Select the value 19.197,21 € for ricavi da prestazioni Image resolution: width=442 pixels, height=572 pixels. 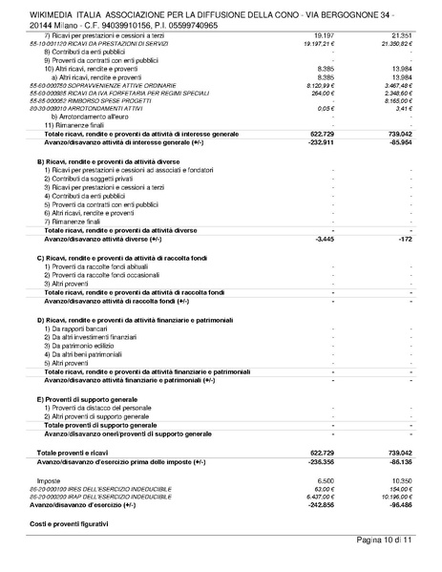(x=315, y=44)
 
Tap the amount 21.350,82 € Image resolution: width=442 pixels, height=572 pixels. (x=394, y=44)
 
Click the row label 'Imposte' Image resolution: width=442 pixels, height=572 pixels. (x=49, y=479)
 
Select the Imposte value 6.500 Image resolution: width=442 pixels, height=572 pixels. (x=323, y=479)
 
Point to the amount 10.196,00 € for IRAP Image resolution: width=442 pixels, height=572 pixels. (x=394, y=497)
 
